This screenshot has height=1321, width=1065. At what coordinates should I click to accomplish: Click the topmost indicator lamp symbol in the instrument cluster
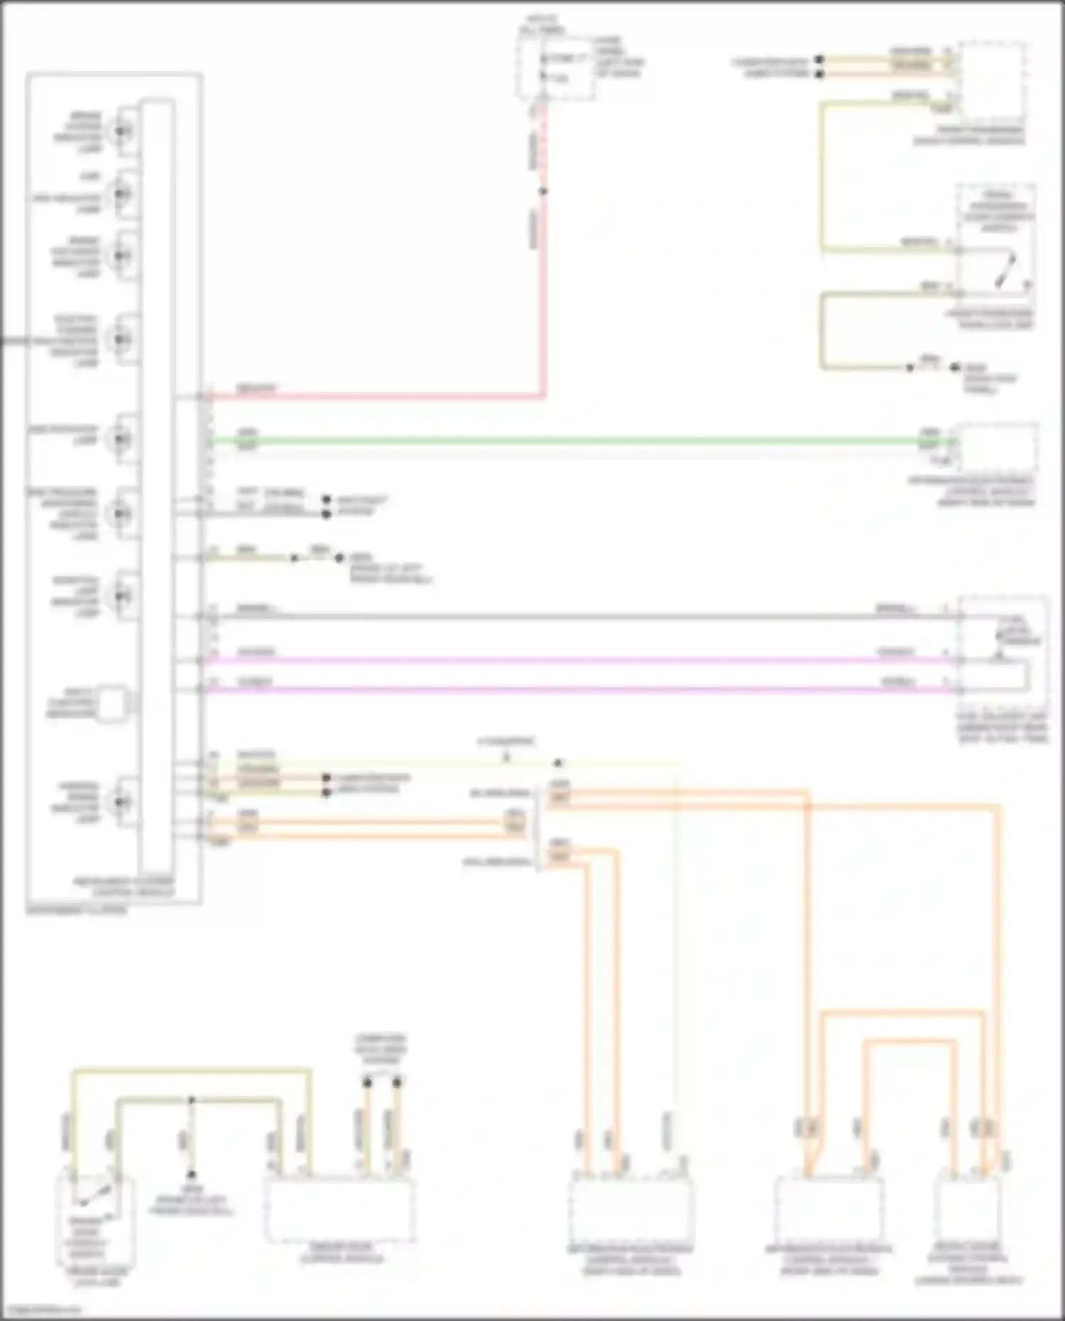tap(122, 131)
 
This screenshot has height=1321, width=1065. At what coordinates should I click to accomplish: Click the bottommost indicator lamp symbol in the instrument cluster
tap(122, 801)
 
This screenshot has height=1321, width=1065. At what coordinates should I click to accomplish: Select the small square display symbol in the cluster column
tap(112, 703)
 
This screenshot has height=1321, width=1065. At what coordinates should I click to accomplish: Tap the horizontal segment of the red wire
tap(376, 396)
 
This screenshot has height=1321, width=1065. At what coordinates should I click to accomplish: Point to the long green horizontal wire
tap(568, 441)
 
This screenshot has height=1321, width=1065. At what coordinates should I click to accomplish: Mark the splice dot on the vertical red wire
tap(543, 191)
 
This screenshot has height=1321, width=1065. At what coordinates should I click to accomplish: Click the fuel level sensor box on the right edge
tap(1003, 646)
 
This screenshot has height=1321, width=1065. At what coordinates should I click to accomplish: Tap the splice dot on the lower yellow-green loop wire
tap(191, 1101)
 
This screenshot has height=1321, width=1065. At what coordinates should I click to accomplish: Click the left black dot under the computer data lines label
tap(367, 1083)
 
